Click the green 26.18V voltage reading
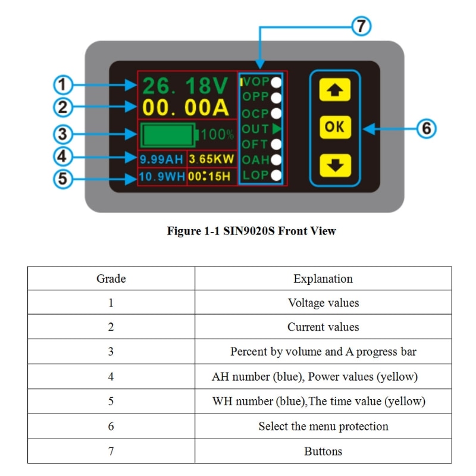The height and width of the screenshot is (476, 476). coord(185,86)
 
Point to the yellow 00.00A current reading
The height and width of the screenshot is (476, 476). coord(185,108)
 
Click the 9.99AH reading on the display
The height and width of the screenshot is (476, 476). coord(162,159)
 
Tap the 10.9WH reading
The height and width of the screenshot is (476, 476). coord(162,177)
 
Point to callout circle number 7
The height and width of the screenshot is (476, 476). coord(361,26)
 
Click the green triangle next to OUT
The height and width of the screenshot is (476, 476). coord(276,129)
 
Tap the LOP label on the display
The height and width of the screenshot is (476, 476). coord(256,175)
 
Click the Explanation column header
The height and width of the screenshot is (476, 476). coord(322,278)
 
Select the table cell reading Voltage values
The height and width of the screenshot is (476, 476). coord(322,303)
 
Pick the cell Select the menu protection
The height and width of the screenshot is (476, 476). coord(322,426)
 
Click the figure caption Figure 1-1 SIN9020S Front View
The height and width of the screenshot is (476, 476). coord(251,231)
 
